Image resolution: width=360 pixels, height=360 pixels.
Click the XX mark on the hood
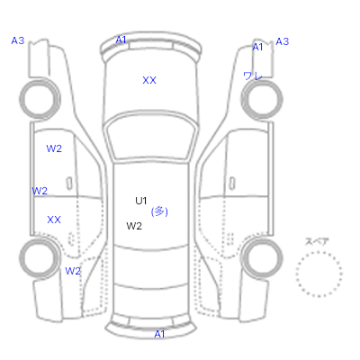click(149, 80)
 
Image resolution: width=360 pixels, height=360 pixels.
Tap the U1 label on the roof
click(140, 201)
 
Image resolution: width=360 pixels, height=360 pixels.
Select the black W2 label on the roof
click(134, 226)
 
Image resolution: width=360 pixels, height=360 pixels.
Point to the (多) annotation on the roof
click(159, 211)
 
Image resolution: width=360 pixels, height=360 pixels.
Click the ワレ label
click(253, 76)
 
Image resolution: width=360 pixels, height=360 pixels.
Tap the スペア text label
click(317, 241)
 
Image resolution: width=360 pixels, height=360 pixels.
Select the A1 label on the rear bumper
click(159, 334)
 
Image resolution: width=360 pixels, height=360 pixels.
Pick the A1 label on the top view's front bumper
click(121, 40)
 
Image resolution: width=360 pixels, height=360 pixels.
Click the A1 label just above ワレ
click(257, 47)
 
